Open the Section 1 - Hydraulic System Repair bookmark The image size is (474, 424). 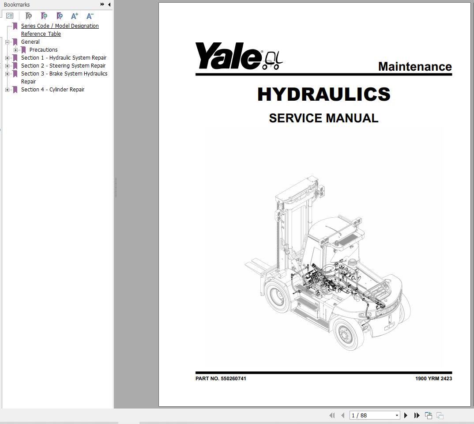click(x=64, y=58)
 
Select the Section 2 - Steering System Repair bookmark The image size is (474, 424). click(x=63, y=66)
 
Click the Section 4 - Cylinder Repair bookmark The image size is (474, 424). click(x=53, y=90)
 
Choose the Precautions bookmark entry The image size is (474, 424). click(x=43, y=50)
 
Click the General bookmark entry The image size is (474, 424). click(x=30, y=42)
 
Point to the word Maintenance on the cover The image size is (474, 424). click(x=414, y=67)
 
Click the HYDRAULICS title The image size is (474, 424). click(x=324, y=95)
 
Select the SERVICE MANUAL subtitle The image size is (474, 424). click(x=324, y=118)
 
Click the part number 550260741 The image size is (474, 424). click(x=233, y=379)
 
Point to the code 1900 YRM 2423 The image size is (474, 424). click(x=433, y=379)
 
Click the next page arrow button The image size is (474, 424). click(x=406, y=415)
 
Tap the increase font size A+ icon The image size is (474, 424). click(x=75, y=16)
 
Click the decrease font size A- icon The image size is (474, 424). click(x=90, y=16)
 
